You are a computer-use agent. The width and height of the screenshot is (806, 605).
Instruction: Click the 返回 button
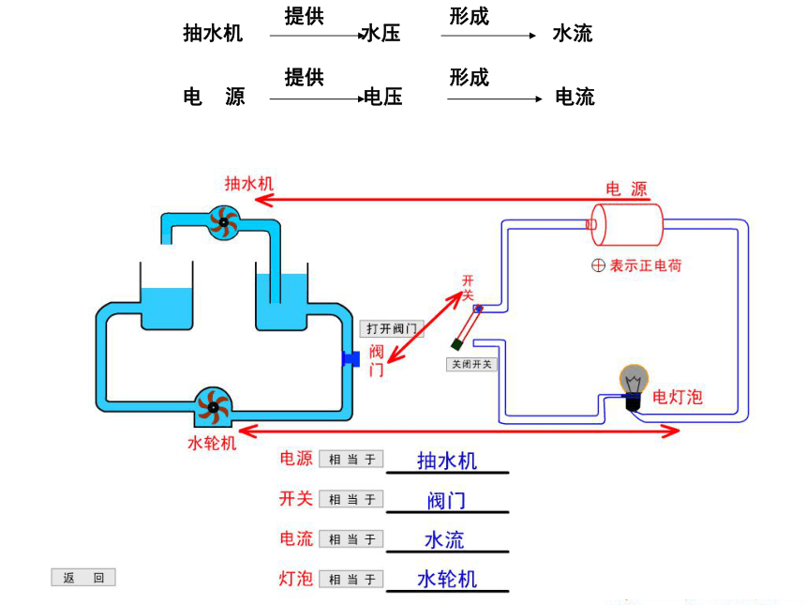tap(83, 577)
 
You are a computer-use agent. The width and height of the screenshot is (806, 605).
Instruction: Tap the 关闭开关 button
tap(471, 364)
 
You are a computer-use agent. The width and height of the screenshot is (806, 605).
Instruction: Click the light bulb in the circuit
tap(634, 386)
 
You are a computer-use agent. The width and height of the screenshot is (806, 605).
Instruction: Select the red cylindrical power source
tap(626, 225)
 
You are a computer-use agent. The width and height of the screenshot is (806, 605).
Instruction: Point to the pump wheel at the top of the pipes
tap(224, 222)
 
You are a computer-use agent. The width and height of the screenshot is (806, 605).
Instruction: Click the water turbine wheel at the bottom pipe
tap(213, 407)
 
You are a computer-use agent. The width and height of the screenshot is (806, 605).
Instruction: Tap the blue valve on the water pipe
tap(351, 358)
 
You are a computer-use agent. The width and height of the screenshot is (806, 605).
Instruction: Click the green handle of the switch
tap(456, 344)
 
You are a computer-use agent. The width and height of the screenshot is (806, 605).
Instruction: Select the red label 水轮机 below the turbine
tap(212, 443)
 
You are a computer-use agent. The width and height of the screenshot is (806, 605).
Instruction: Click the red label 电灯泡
tap(678, 397)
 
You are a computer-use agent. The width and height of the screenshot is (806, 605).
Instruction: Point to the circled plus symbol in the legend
tap(598, 265)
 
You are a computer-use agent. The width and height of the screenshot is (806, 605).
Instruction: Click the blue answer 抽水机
tap(447, 461)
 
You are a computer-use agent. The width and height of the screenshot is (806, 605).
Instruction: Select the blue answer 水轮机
tap(447, 580)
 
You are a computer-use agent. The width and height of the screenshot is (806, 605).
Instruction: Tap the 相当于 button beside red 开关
tap(351, 499)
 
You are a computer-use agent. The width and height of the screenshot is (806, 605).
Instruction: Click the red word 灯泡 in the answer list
tap(295, 578)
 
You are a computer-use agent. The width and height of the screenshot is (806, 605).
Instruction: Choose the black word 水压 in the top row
tap(381, 34)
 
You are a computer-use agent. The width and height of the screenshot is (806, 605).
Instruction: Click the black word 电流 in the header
tap(575, 97)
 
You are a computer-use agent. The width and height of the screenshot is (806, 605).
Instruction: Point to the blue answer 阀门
tap(447, 500)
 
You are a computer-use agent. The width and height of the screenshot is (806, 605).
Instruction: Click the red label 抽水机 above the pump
tap(248, 183)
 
